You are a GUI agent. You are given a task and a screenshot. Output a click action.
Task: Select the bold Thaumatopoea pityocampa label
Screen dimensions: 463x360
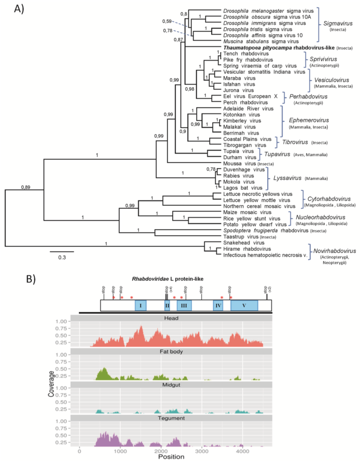279,47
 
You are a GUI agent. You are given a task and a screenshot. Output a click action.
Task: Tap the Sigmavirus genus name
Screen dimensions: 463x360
337,24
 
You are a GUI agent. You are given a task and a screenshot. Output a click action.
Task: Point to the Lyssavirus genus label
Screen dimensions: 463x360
287,178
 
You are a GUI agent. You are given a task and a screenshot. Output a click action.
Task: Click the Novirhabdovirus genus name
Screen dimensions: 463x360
334,251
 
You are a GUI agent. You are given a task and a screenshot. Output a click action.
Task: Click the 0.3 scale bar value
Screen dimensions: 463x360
62,257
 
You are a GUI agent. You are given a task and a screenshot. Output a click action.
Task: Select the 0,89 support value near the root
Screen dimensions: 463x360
26,187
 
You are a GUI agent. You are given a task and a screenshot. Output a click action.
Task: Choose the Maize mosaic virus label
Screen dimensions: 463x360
247,212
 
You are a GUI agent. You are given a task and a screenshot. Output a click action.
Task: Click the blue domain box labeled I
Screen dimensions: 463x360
141,306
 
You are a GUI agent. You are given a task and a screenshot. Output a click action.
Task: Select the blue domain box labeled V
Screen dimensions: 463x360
244,306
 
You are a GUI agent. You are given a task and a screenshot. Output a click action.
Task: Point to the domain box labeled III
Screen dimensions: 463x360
184,306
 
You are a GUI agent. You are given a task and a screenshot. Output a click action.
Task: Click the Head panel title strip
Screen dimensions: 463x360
171,318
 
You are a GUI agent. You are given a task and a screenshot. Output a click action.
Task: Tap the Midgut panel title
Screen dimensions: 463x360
171,385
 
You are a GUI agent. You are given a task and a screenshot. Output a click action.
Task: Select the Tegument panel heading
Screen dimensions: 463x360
171,418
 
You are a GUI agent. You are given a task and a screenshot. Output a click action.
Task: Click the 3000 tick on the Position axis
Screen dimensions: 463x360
201,451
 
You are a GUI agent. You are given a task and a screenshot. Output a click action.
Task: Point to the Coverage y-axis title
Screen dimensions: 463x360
51,384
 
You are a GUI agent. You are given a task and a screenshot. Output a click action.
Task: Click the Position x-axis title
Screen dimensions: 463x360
171,457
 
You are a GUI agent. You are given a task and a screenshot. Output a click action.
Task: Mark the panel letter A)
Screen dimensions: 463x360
19,9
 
